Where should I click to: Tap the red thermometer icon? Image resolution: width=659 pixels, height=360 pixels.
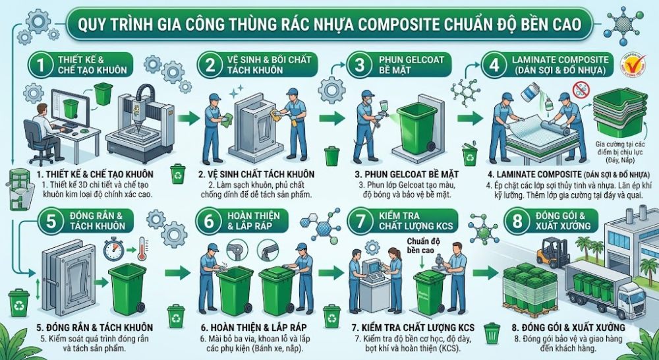(x=139, y=251)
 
